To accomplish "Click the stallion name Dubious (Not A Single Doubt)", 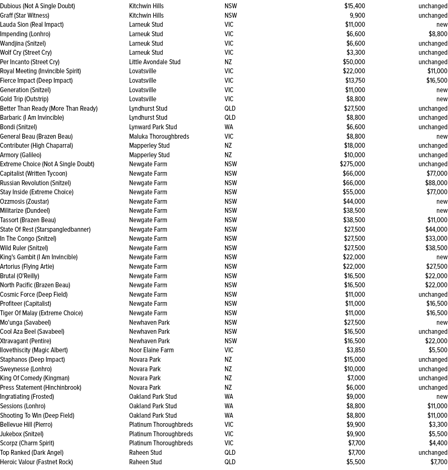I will [37, 6].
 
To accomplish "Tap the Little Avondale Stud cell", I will [155, 62].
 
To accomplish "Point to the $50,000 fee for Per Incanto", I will [354, 62].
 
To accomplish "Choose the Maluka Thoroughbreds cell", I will [159, 136].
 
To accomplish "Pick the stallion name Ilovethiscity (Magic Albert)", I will [34, 350].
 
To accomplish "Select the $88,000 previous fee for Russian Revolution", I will [436, 183].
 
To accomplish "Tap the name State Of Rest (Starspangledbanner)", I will [45, 229].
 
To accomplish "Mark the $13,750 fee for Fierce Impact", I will [355, 80].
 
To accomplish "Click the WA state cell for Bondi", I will [229, 127].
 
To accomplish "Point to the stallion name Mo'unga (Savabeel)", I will [26, 322].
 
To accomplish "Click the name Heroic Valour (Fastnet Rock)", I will [36, 462].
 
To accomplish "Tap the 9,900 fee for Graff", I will [357, 15].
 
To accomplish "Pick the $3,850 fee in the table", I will [355, 350].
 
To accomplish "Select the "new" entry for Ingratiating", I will [442, 397].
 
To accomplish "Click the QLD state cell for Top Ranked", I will [230, 452].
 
